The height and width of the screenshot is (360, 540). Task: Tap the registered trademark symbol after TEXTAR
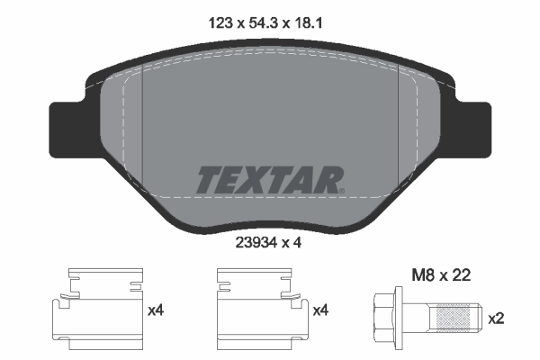tap(342, 190)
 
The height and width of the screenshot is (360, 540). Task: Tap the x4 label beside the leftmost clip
tap(157, 310)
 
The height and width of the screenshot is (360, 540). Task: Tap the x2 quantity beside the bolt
tap(497, 319)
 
